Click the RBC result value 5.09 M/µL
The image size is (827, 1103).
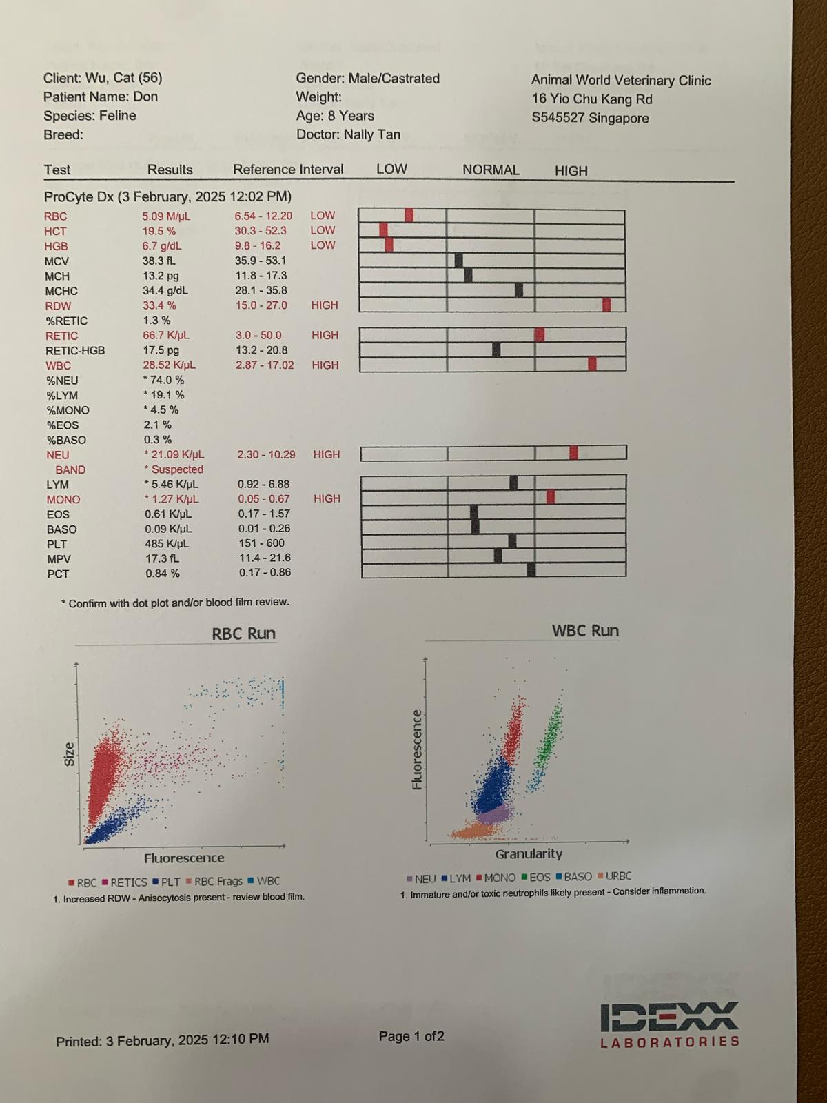[166, 216]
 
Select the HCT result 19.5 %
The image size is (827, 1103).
[159, 231]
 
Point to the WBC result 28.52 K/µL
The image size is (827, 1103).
[169, 365]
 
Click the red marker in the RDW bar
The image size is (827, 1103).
[606, 305]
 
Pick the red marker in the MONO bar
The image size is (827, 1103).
[550, 496]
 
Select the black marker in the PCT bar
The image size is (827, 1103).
[531, 569]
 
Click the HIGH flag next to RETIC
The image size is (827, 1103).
[325, 335]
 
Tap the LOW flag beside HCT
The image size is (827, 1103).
[323, 230]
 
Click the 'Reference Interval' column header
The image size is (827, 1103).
[288, 170]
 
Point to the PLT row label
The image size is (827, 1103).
[57, 544]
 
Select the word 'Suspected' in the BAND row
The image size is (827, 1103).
[177, 469]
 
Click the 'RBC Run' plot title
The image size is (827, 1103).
[243, 634]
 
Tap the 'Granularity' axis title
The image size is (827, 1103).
[529, 853]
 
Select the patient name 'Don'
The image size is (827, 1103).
[145, 97]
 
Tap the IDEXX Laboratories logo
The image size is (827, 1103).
[670, 1024]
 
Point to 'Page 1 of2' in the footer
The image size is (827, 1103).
[411, 1036]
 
